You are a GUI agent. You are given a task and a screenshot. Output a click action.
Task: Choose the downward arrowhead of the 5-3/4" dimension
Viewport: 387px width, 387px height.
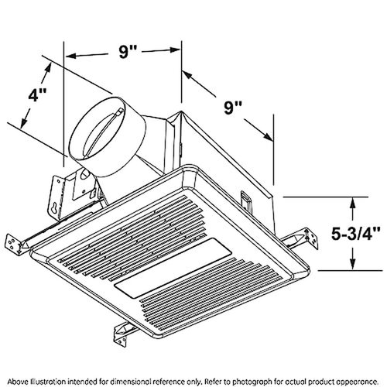tap(354, 265)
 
